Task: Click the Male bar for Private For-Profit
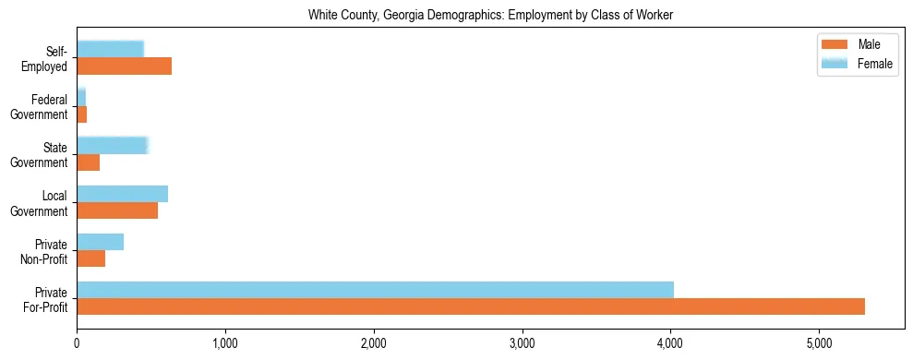coord(471,306)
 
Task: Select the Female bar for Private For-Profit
coord(375,290)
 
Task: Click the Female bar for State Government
coord(112,145)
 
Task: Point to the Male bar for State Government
coord(88,162)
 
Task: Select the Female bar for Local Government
coord(122,193)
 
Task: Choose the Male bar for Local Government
coord(117,210)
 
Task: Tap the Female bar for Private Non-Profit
coord(100,242)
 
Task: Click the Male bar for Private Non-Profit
coord(90,258)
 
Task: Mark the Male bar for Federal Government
coord(81,114)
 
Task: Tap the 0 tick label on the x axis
coord(77,343)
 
